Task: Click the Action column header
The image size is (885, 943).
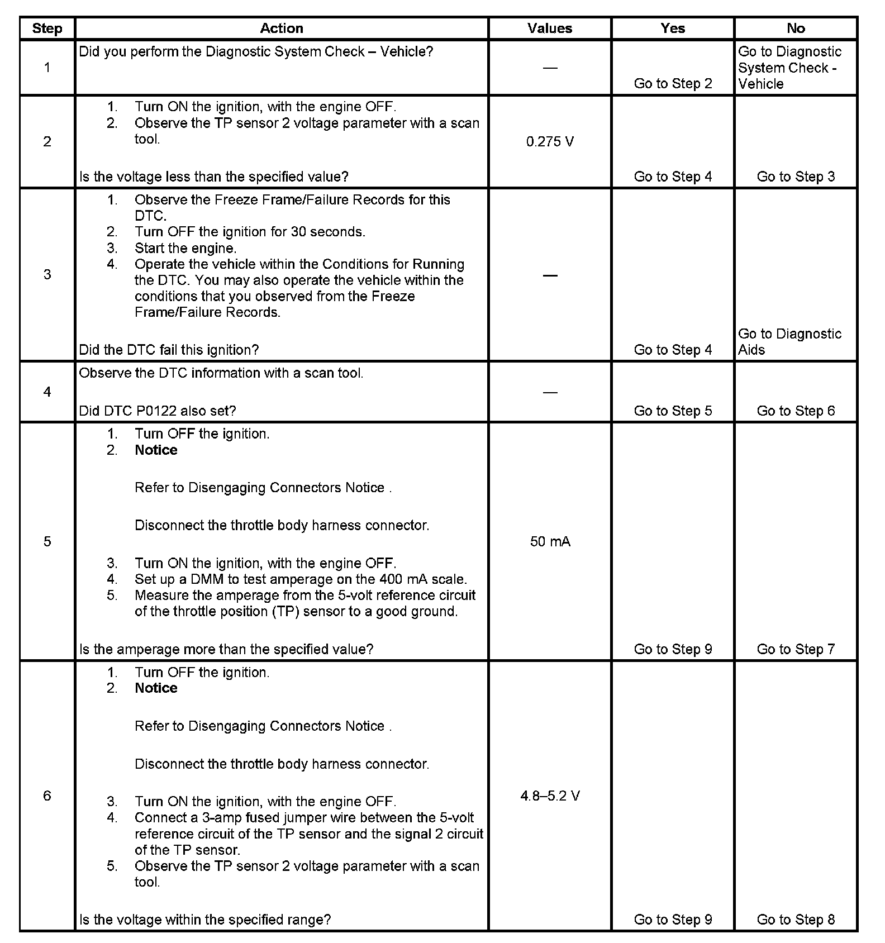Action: [x=282, y=28]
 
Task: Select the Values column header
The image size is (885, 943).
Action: [x=550, y=28]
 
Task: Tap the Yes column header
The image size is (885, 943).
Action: [x=673, y=28]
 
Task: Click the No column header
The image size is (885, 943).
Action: [x=796, y=28]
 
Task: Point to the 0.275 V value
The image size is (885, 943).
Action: [x=550, y=142]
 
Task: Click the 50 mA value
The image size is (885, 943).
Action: [x=550, y=541]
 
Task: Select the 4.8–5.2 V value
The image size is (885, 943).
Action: [x=550, y=796]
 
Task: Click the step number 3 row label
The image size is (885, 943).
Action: [x=47, y=274]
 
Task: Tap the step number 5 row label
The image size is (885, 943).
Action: [x=47, y=541]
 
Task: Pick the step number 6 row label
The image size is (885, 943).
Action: [x=47, y=796]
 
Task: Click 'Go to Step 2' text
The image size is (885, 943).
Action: [x=673, y=84]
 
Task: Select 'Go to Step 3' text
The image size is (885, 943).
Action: [x=796, y=177]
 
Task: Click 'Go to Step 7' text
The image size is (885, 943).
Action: [x=796, y=649]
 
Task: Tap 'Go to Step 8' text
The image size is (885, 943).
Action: [x=796, y=920]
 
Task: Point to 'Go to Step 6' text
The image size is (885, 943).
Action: [x=796, y=411]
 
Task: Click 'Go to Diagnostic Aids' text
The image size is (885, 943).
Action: [x=789, y=341]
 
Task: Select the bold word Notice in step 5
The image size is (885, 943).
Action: [x=156, y=450]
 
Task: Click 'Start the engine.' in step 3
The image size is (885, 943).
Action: [x=185, y=248]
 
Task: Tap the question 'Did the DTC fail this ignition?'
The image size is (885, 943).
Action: [x=169, y=350]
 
